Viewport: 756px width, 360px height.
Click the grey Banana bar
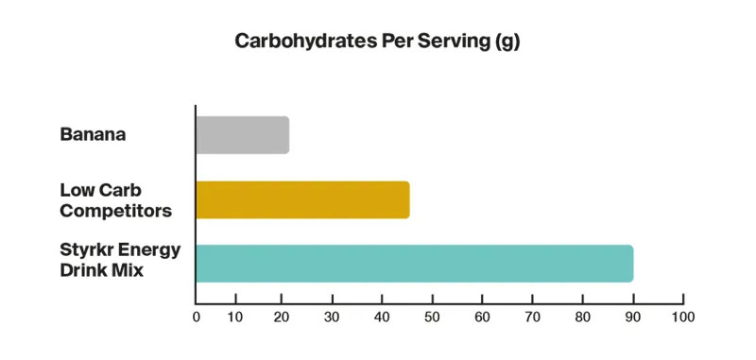click(x=242, y=135)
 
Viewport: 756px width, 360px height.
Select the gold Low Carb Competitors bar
click(x=302, y=199)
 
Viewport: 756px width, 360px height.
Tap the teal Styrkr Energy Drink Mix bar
click(x=414, y=263)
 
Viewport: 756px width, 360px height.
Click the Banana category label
click(x=94, y=135)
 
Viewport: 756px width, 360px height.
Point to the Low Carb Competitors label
click(x=115, y=200)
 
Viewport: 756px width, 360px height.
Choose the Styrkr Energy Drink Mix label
click(x=120, y=261)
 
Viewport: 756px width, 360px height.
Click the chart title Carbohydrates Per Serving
click(x=377, y=43)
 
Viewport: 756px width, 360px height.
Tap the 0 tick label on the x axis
click(x=196, y=317)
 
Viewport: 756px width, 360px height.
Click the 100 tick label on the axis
click(x=682, y=317)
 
